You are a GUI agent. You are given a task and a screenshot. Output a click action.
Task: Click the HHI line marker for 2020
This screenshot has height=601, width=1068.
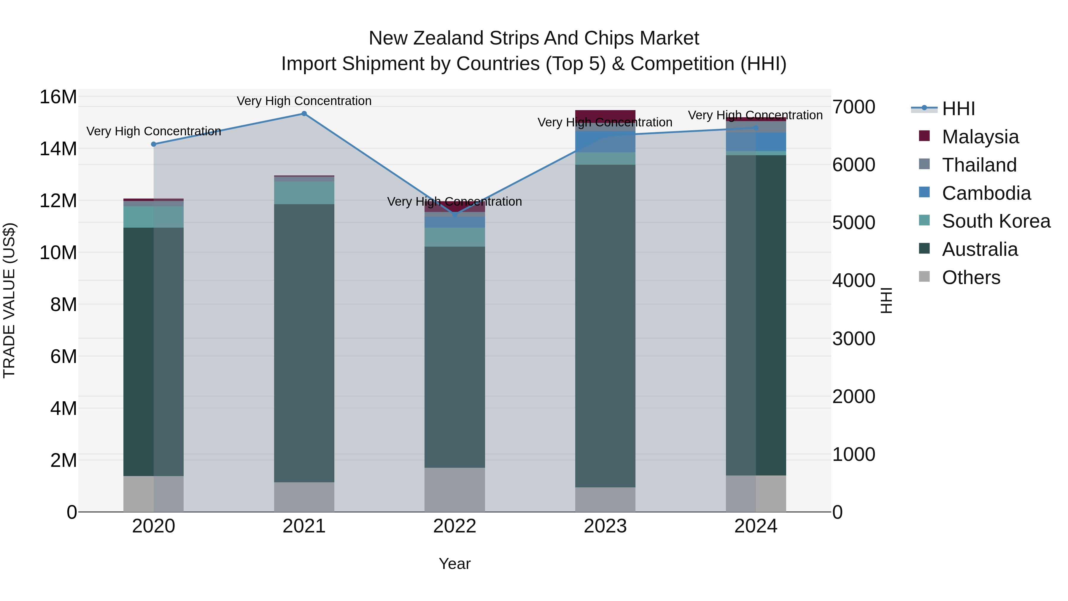tap(153, 144)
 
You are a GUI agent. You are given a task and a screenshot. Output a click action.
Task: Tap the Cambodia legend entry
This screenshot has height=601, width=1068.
tap(986, 193)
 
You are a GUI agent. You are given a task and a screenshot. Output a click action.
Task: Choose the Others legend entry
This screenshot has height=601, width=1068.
tap(971, 277)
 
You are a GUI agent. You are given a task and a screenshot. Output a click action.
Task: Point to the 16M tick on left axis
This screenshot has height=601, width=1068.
tap(58, 97)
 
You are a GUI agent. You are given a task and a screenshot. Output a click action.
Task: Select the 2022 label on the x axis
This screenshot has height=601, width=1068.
tap(454, 526)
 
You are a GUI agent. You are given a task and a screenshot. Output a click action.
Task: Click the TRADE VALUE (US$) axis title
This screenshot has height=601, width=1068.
tap(9, 300)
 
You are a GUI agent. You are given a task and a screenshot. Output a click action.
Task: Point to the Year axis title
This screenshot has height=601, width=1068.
tap(454, 564)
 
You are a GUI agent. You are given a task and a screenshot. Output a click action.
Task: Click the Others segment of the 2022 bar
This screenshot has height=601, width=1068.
tap(454, 490)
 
